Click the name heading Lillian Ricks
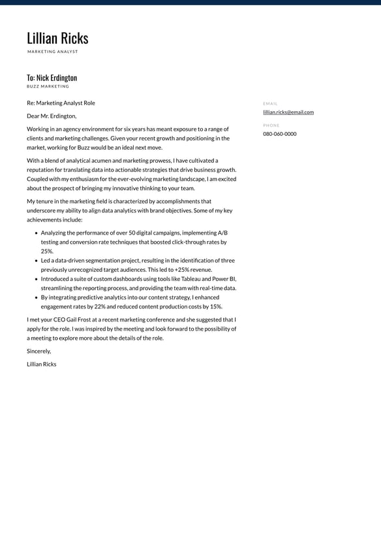tap(57, 39)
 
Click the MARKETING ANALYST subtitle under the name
tap(52, 52)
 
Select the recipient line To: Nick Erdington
tap(52, 78)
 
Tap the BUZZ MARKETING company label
tap(48, 86)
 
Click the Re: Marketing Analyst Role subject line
tap(61, 103)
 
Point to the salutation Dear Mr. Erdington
tap(52, 116)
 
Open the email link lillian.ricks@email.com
tap(288, 112)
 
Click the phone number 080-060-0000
tap(280, 134)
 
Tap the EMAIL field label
tap(270, 104)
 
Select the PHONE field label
tap(271, 125)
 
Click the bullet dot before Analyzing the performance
tap(36, 233)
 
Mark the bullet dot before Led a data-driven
tap(36, 260)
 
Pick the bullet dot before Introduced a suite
tap(36, 279)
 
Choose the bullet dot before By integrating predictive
tap(36, 297)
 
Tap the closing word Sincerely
tap(38, 351)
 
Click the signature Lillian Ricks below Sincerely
tap(42, 364)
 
